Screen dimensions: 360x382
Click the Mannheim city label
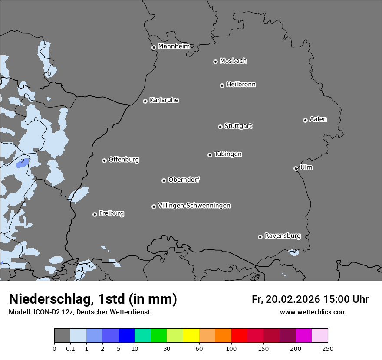pos(174,46)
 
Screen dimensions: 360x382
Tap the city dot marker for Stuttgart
pos(220,127)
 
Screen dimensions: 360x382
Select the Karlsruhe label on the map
pos(164,100)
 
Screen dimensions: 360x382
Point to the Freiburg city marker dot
pos(95,214)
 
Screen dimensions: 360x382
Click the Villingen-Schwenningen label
pos(194,206)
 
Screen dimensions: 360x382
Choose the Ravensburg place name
pos(283,236)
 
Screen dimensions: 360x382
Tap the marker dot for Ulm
pos(296,168)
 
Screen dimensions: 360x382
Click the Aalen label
pos(318,119)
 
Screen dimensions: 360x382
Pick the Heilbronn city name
pos(241,85)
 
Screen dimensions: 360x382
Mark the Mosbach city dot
pos(215,62)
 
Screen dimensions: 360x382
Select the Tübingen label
pos(228,154)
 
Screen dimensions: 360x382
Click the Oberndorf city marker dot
pos(164,180)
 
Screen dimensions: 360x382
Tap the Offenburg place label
pos(124,160)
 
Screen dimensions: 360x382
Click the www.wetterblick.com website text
pos(313,312)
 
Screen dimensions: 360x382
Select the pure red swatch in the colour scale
pos(239,336)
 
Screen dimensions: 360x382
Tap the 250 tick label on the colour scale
pos(327,348)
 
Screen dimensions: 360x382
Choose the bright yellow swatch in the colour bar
pos(191,336)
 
